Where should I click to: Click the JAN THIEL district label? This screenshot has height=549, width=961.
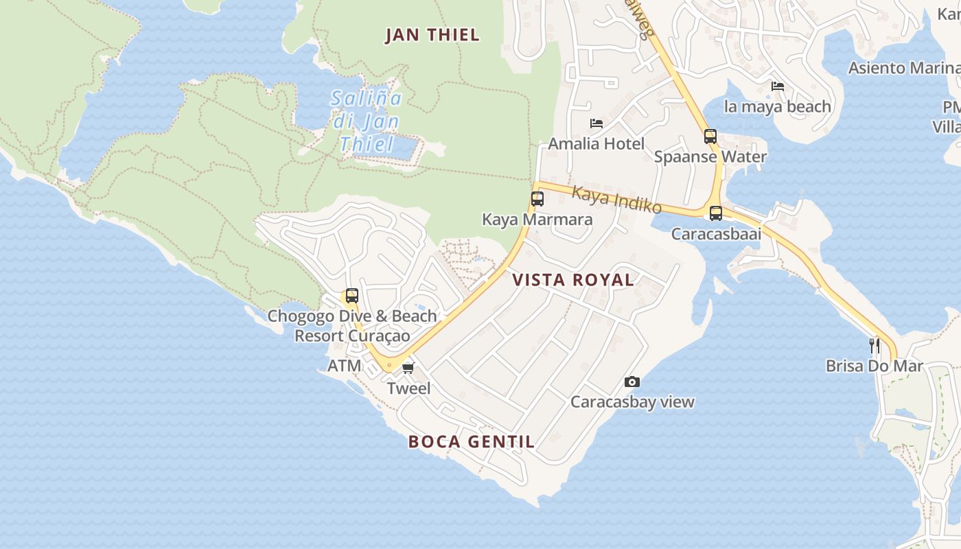432,35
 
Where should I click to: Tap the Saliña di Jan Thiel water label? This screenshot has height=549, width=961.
367,121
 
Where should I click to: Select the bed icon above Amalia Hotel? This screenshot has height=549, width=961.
597,124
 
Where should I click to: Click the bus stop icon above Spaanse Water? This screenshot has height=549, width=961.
710,136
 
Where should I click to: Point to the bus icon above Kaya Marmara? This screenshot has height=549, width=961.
537,199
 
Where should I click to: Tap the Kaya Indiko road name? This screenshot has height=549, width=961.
616,200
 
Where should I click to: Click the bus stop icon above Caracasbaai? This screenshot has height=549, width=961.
716,213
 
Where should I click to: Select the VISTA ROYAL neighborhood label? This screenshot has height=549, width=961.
574,280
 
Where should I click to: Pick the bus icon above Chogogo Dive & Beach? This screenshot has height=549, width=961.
352,296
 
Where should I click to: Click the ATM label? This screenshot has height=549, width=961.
344,366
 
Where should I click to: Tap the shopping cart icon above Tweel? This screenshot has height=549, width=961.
408,368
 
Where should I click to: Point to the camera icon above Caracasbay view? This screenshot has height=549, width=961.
632,382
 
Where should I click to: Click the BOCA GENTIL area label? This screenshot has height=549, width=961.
471,442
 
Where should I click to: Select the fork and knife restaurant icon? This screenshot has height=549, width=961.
875,345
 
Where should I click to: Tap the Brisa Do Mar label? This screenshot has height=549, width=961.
875,366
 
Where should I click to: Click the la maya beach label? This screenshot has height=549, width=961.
778,106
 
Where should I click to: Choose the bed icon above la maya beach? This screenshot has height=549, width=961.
778,86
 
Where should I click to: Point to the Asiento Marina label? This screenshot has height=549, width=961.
904,68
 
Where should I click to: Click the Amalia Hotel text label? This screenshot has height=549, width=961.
596,143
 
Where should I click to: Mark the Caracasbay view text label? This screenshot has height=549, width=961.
632,402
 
